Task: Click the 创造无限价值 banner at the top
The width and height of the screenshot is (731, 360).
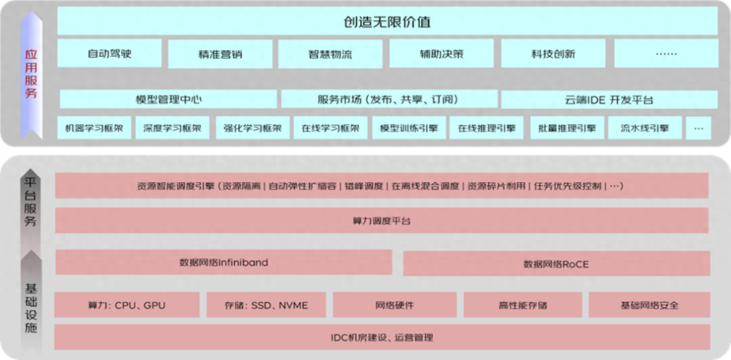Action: [x=387, y=22]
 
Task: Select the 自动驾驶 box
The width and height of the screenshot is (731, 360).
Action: [x=110, y=53]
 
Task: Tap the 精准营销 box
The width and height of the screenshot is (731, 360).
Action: [x=220, y=54]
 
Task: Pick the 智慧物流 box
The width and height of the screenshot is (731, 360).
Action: [x=330, y=54]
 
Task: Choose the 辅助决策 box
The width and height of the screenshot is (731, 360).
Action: [x=441, y=53]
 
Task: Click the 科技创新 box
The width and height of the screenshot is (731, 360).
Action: [x=554, y=53]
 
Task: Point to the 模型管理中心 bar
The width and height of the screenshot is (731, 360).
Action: [x=169, y=99]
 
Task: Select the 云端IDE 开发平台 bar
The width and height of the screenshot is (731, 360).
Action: [x=609, y=99]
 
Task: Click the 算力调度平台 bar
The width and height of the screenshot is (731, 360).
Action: [x=382, y=221]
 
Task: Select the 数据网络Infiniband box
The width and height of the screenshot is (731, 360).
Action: [x=224, y=263]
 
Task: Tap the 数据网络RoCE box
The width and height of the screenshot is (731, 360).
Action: [x=556, y=264]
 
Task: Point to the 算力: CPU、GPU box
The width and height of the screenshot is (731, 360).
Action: [x=127, y=305]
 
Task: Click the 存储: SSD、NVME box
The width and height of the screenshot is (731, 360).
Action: [x=266, y=305]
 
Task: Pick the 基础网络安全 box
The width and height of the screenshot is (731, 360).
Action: [x=649, y=305]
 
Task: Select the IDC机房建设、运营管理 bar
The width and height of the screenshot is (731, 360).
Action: [x=382, y=337]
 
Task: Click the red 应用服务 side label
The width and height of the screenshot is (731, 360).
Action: [x=30, y=74]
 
